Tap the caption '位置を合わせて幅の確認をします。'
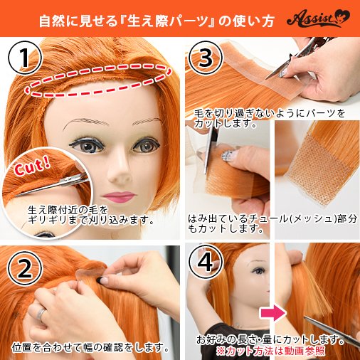90,348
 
